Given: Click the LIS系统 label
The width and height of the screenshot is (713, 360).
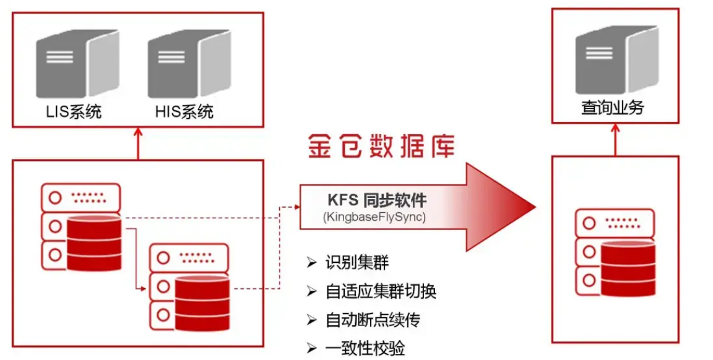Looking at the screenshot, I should coord(73,111).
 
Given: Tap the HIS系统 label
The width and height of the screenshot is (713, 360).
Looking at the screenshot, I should coord(184,111).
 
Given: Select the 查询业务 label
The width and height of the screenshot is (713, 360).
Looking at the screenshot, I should coord(612,108).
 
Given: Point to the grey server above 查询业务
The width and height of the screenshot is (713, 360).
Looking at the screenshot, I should coord(616,61).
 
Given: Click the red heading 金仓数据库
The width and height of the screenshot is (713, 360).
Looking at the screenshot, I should coord(381,147).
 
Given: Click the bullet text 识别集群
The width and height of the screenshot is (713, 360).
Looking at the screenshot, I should coord(356,262).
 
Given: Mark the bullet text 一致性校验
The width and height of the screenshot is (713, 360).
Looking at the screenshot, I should coord(365,348).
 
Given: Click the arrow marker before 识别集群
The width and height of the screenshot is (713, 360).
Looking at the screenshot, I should coord(311,262).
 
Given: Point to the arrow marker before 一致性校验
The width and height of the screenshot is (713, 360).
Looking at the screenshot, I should coord(311,348).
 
